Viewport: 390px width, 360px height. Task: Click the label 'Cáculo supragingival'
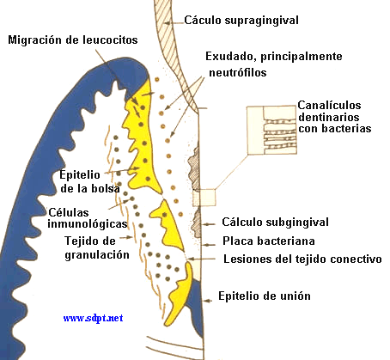point(241,21)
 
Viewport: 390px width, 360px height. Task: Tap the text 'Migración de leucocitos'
point(73,40)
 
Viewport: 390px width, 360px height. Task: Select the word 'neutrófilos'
point(238,72)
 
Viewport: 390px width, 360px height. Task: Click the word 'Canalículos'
point(329,106)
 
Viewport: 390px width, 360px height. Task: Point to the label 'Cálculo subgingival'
point(275,223)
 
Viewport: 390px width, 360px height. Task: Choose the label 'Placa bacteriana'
point(269,241)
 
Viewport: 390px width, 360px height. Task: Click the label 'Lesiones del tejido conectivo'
point(302,259)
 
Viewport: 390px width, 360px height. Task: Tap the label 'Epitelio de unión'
point(265,296)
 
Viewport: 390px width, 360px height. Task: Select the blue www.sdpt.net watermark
point(93,318)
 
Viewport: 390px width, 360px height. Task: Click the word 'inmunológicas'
point(88,223)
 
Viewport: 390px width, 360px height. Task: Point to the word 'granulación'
point(97,255)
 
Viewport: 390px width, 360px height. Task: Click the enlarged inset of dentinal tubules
point(271,130)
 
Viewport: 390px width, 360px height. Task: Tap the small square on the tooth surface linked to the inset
point(204,198)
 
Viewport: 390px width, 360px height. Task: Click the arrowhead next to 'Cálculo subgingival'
point(204,224)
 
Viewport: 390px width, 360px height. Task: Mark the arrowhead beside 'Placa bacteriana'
point(204,245)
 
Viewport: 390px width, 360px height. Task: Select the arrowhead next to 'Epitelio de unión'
point(206,301)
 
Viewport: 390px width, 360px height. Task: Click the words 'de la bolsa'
point(90,188)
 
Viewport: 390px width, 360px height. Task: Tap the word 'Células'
point(69,212)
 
